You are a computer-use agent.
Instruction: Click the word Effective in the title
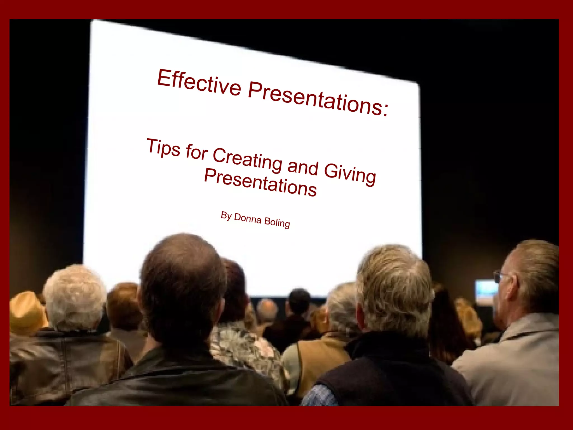199,82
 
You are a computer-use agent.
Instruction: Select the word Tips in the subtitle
163,147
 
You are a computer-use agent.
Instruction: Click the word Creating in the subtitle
247,160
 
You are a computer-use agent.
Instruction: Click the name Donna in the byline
248,218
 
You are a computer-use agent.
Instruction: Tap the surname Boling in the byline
277,223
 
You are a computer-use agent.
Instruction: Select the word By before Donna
226,216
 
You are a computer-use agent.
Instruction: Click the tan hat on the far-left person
27,311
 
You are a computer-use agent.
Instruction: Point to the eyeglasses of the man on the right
498,277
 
